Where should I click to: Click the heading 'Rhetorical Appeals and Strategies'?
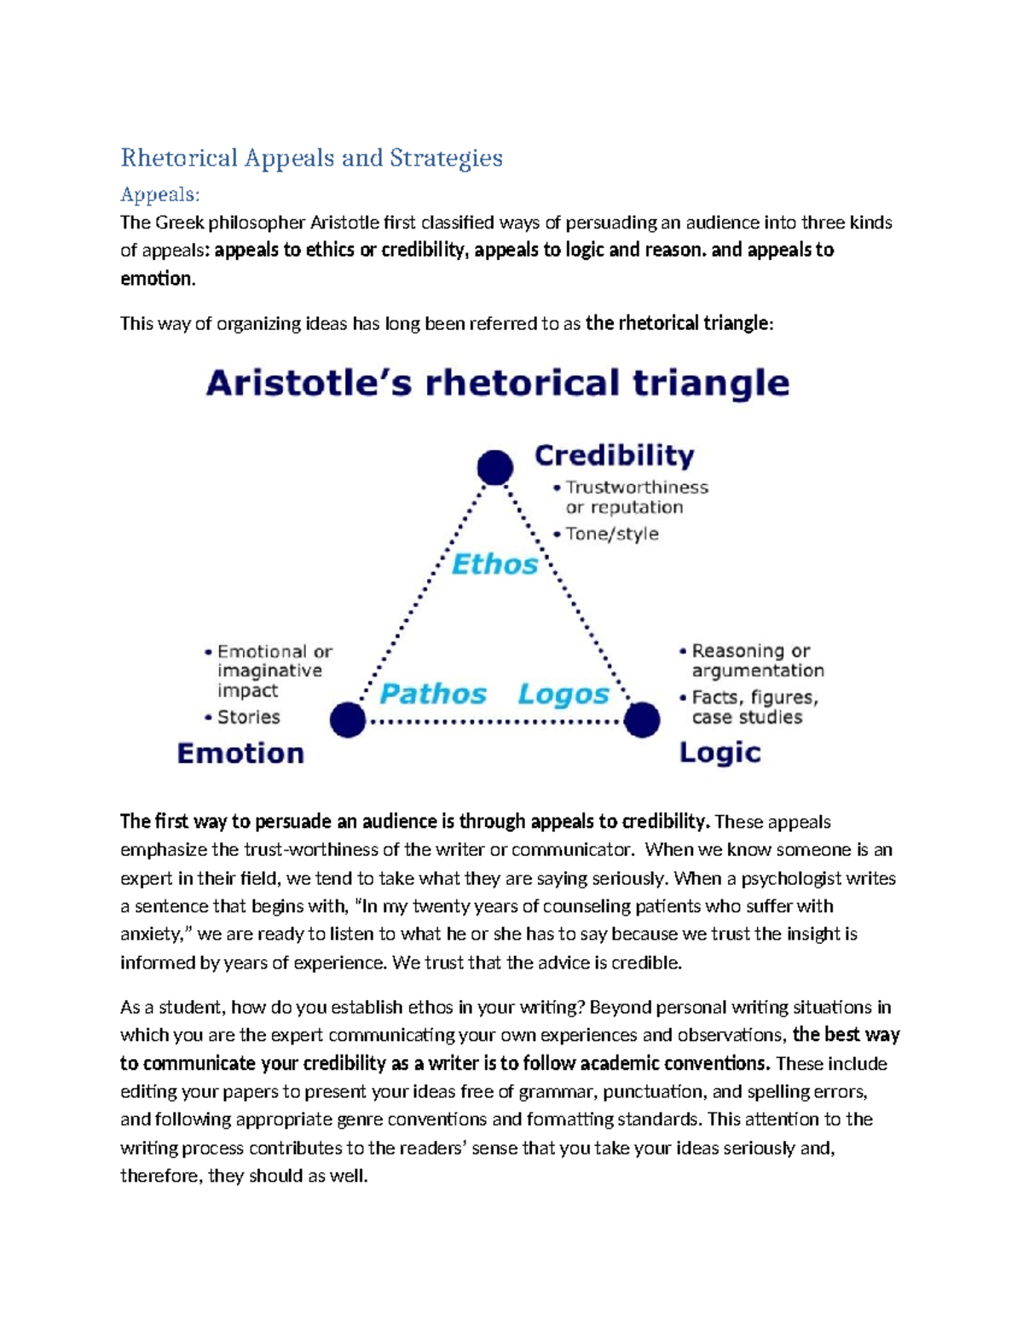pyautogui.click(x=311, y=158)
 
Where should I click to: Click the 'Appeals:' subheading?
pyautogui.click(x=159, y=194)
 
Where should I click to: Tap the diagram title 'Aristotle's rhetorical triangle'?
pyautogui.click(x=497, y=383)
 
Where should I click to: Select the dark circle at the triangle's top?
pyautogui.click(x=494, y=467)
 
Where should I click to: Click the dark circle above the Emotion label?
pyautogui.click(x=348, y=720)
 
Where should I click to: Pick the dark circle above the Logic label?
pyautogui.click(x=641, y=720)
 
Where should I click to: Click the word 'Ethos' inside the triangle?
pyautogui.click(x=494, y=564)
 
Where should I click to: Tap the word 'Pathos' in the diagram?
pyautogui.click(x=432, y=693)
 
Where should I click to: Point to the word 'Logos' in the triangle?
pyautogui.click(x=564, y=694)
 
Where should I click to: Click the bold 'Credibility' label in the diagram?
pyautogui.click(x=614, y=455)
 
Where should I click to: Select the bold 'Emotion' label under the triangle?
pyautogui.click(x=240, y=754)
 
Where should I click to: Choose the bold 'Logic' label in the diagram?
pyautogui.click(x=720, y=753)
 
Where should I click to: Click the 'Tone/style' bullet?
pyautogui.click(x=612, y=534)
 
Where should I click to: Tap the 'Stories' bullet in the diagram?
pyautogui.click(x=248, y=717)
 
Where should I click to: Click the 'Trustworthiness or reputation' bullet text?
pyautogui.click(x=636, y=497)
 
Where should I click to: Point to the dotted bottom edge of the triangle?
pyautogui.click(x=494, y=721)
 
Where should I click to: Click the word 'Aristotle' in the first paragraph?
pyautogui.click(x=344, y=223)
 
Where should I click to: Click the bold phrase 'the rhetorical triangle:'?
pyautogui.click(x=679, y=323)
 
